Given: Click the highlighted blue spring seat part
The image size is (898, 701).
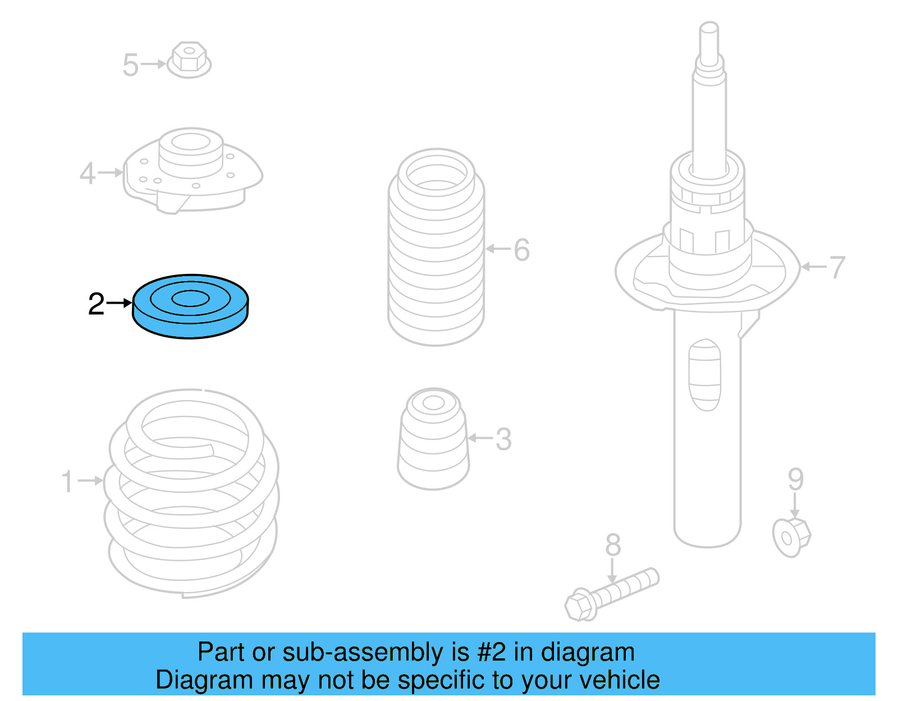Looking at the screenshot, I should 190,306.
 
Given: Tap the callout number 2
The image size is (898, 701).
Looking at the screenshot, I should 96,304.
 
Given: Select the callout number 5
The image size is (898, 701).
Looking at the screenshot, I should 130,65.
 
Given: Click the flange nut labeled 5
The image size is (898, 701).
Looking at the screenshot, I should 189,59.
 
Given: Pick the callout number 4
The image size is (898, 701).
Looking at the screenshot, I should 88,173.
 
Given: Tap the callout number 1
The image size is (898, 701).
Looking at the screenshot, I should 67,482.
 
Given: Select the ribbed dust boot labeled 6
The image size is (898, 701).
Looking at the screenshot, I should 436,247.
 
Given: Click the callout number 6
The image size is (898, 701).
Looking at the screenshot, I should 521,250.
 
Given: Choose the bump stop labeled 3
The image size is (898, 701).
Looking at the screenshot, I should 433,439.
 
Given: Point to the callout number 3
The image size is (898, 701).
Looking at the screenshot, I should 503,439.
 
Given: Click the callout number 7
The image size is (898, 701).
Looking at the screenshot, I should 837,267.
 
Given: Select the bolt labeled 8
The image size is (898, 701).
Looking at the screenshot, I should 612,594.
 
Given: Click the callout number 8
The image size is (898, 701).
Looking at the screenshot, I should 613,545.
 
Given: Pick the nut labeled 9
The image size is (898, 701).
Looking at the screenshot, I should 791,537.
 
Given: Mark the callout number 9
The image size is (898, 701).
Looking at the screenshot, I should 795,479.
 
